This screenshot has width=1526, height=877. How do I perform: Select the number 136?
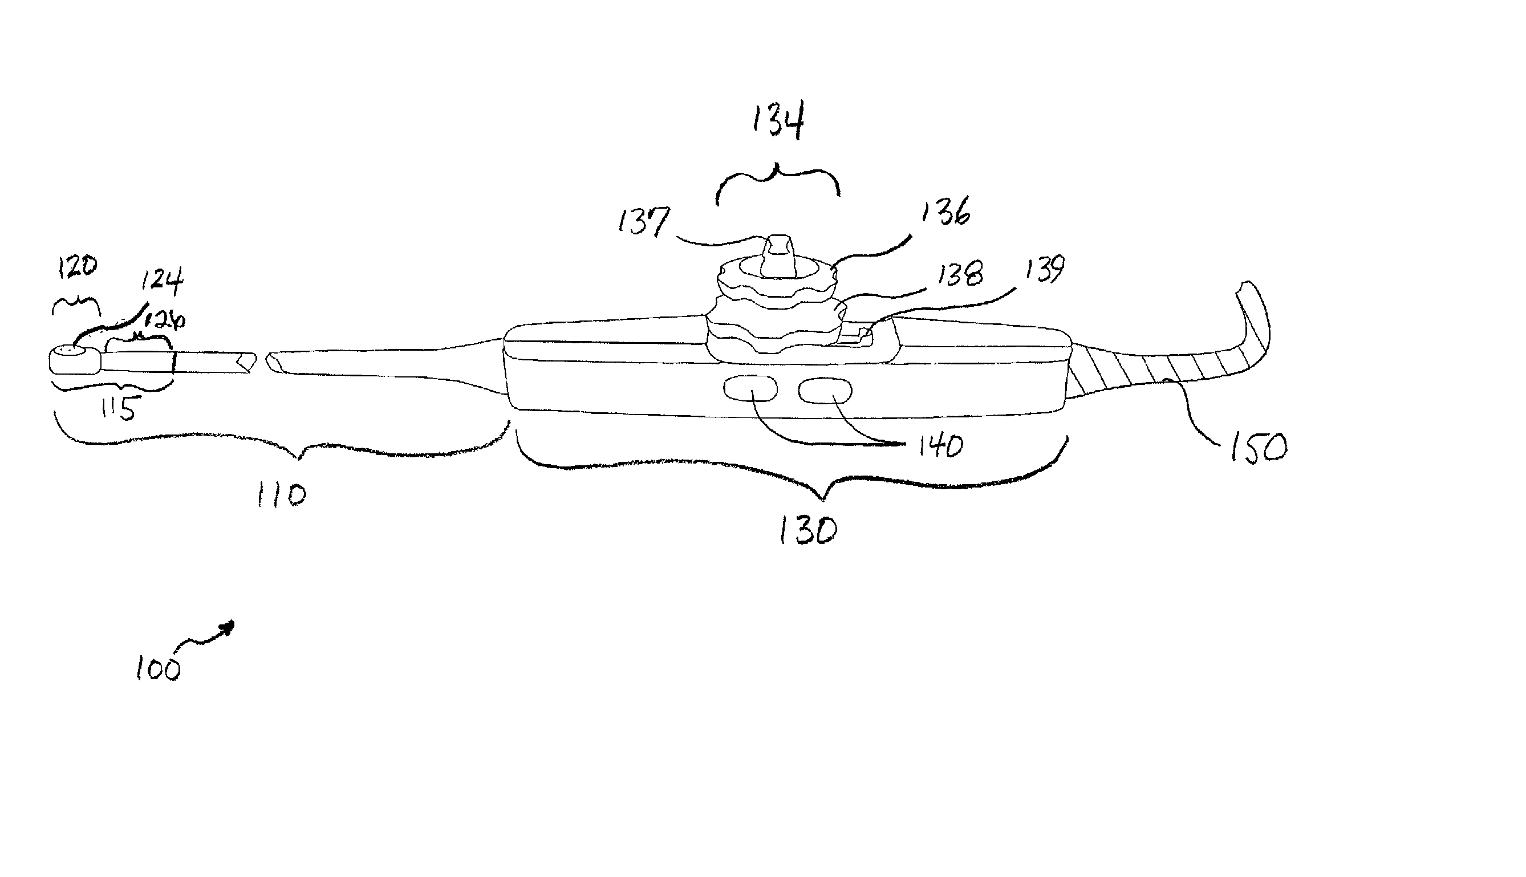[x=945, y=212]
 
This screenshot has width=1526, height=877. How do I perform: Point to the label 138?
[x=960, y=274]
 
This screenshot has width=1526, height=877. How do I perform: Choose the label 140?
[x=940, y=447]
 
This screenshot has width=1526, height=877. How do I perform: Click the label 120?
[x=77, y=266]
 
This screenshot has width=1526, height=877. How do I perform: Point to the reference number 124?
[x=162, y=281]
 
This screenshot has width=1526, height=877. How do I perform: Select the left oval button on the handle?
[x=750, y=388]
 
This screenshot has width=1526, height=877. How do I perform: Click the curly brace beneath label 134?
[x=777, y=181]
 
